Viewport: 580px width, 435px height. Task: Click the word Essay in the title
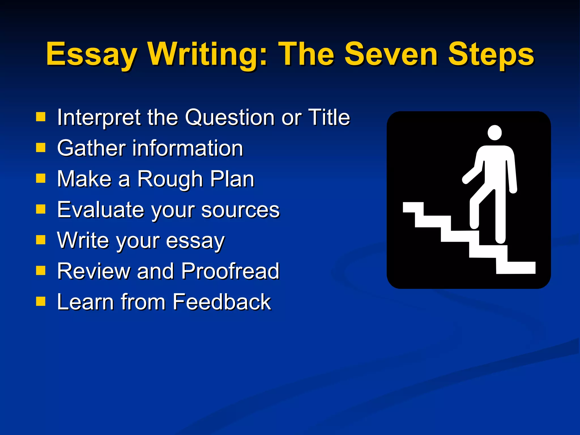(91, 55)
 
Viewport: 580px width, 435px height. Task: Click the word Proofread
(230, 271)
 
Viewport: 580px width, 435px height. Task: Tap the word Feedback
(221, 302)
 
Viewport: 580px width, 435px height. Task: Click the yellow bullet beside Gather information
(41, 147)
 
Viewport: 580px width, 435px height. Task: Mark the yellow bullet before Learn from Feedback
(41, 301)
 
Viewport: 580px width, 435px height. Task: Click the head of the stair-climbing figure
(495, 133)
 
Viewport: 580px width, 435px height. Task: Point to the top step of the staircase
(413, 207)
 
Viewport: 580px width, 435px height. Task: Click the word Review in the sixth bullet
(93, 271)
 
